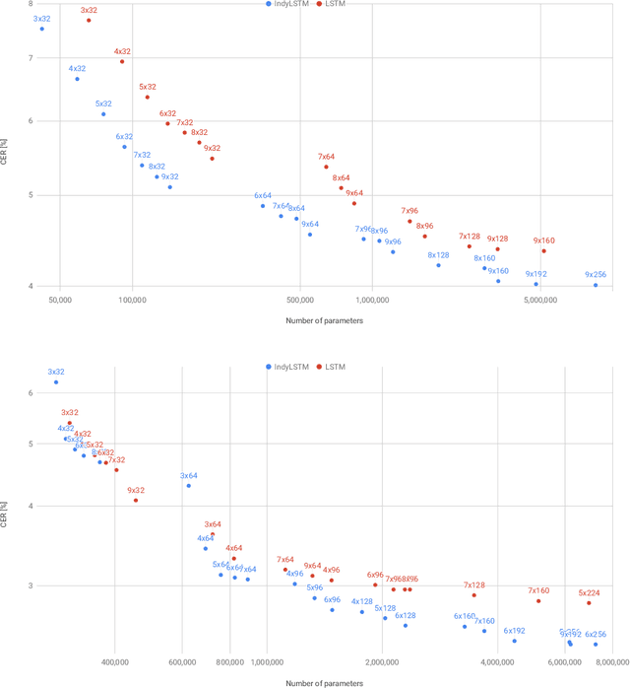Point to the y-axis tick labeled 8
click(31, 5)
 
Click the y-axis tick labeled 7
click(31, 58)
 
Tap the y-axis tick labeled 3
click(31, 585)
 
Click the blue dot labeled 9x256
click(596, 285)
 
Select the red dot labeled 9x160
click(543, 250)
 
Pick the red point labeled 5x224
click(589, 602)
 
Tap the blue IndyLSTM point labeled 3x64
click(188, 485)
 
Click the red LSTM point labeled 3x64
click(213, 534)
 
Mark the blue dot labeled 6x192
click(514, 640)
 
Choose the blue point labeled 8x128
click(438, 265)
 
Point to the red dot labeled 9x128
click(497, 248)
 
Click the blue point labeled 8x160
click(484, 268)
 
